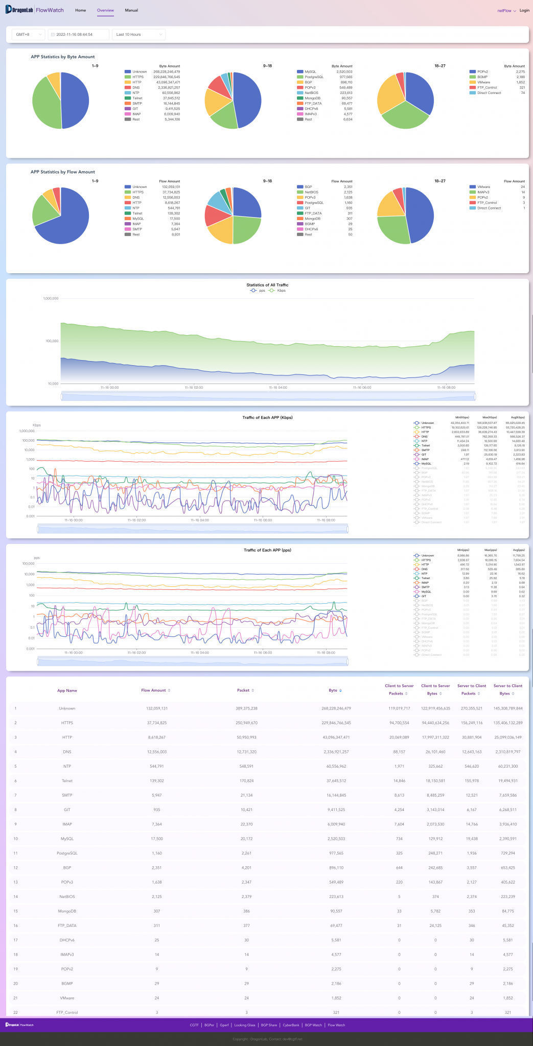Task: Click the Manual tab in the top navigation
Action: click(x=131, y=10)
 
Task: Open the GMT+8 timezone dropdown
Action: click(x=29, y=34)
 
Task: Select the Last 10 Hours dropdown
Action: click(x=138, y=34)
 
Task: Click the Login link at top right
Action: click(x=524, y=10)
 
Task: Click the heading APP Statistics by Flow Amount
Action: click(x=62, y=172)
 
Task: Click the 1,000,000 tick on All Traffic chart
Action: click(x=51, y=298)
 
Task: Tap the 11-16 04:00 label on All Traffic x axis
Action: click(x=278, y=388)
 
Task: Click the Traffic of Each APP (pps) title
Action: click(x=267, y=550)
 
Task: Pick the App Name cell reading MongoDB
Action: click(x=67, y=911)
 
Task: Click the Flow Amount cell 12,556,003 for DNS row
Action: click(x=156, y=751)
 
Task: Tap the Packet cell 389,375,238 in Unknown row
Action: click(x=246, y=708)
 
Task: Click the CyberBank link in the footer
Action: click(x=291, y=1025)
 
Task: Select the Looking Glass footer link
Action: click(x=244, y=1025)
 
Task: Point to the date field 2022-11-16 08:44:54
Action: click(x=78, y=34)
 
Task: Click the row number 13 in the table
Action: click(x=15, y=882)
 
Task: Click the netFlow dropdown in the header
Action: click(x=506, y=10)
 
